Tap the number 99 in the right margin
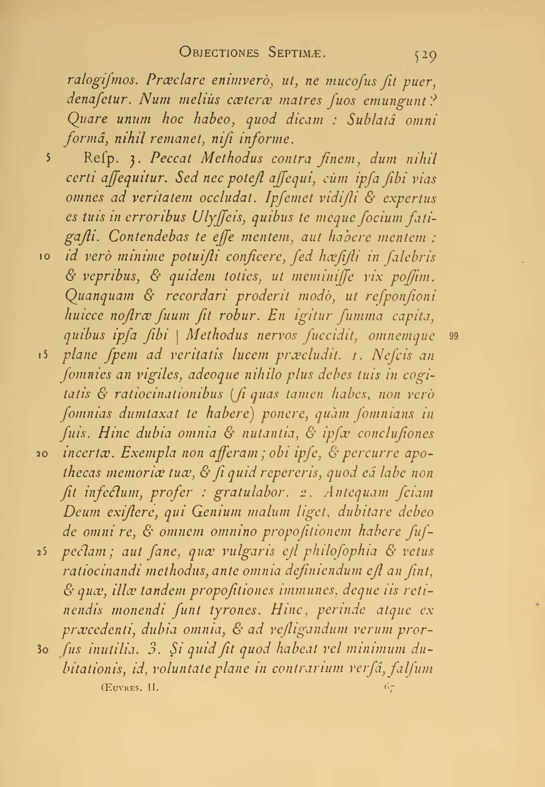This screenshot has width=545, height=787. point(454,337)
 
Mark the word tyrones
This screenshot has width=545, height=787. point(238,611)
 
